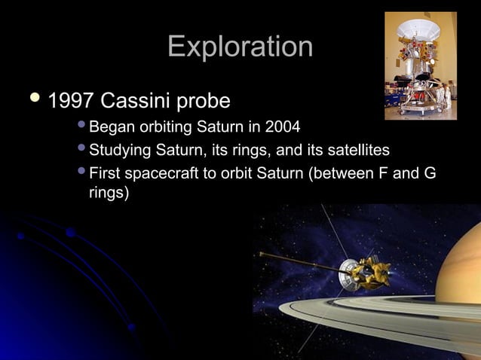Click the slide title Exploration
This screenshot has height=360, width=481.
pyautogui.click(x=240, y=47)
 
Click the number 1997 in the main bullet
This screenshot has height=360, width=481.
pyautogui.click(x=72, y=100)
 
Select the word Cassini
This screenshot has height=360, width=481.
pyautogui.click(x=140, y=100)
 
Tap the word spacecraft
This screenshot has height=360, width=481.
pyautogui.click(x=164, y=175)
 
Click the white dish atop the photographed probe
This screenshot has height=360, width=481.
pyautogui.click(x=418, y=29)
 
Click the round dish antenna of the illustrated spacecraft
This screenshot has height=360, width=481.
pyautogui.click(x=348, y=273)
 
